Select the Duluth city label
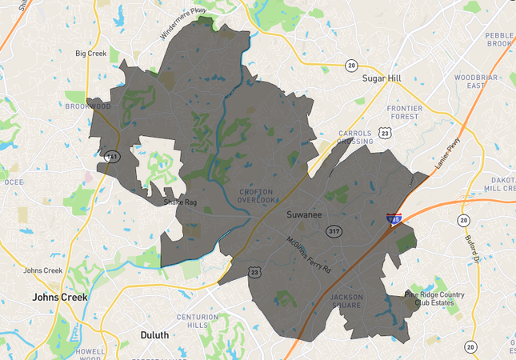(154, 334)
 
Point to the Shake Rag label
(180, 202)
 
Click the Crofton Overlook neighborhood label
(256, 197)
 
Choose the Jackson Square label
(346, 301)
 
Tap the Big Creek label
(90, 54)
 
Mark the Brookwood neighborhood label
(88, 106)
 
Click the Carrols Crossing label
(354, 137)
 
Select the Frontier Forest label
(403, 111)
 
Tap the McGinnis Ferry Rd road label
(310, 254)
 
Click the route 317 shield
(334, 231)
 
